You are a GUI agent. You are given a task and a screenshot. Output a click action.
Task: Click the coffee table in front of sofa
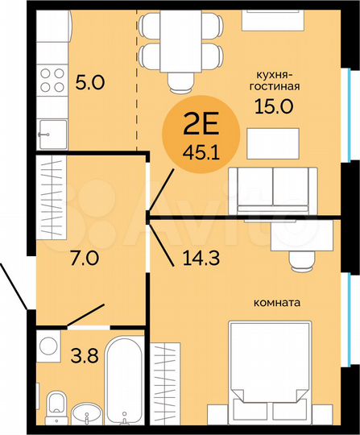[268, 145]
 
